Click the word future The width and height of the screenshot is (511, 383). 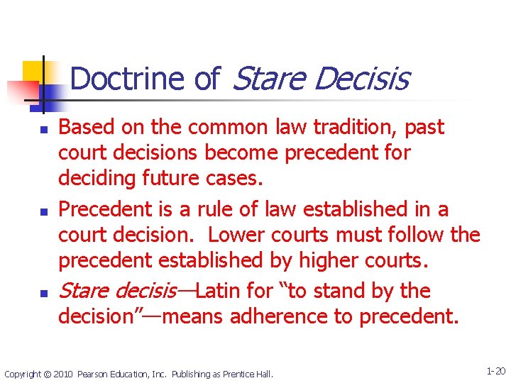coord(177,179)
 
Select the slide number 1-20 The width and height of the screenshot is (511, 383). coord(495,371)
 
